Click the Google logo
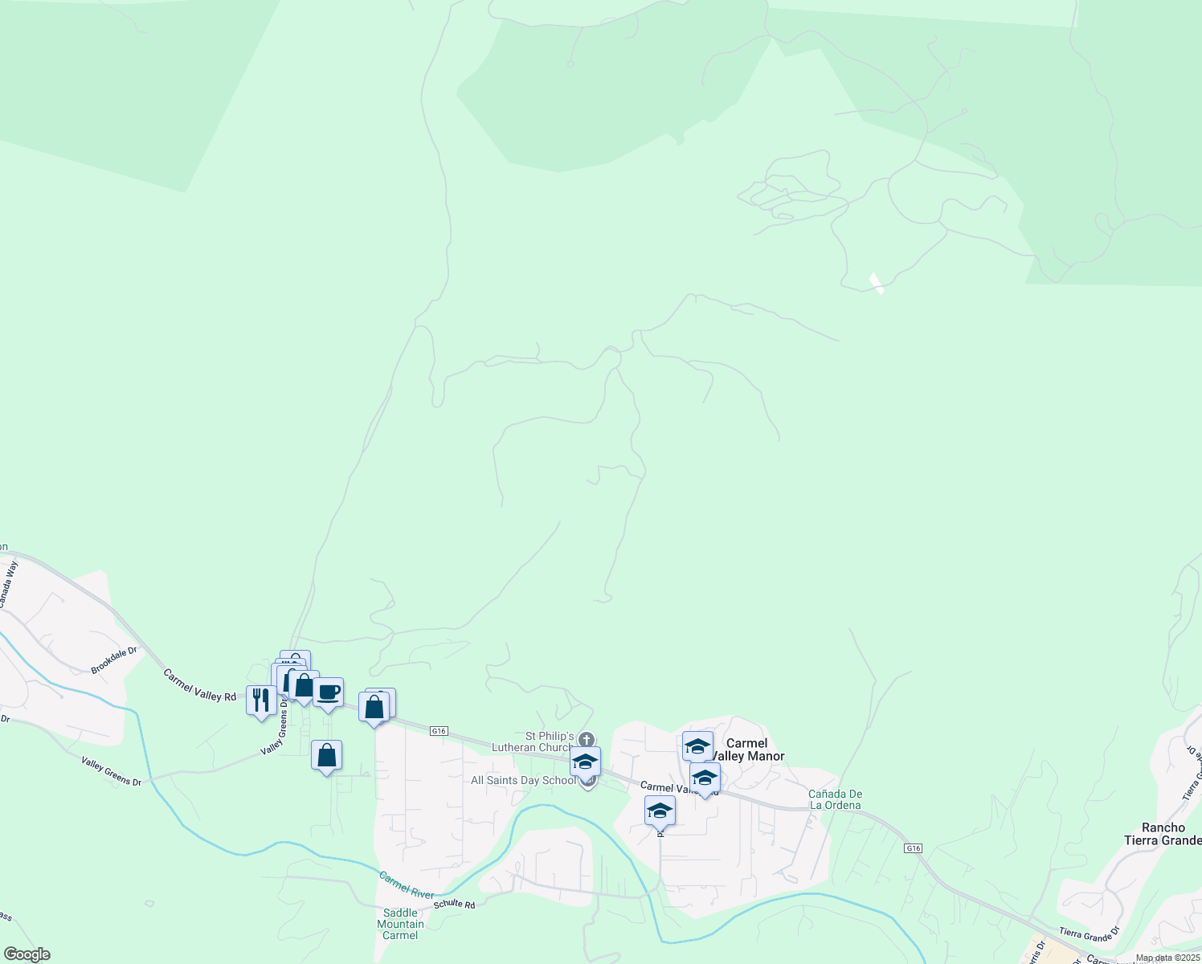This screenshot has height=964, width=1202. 27,954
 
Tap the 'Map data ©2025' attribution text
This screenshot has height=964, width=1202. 1167,958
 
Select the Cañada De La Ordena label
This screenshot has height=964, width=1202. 835,799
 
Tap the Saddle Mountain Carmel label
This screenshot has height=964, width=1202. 400,924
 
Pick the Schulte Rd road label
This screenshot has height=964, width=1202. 455,904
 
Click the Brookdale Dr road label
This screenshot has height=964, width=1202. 114,660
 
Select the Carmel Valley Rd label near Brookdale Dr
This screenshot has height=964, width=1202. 200,685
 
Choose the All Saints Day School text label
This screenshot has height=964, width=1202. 523,780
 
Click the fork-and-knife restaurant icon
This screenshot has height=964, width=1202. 261,701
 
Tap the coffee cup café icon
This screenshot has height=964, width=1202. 328,692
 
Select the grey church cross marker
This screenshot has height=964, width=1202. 587,739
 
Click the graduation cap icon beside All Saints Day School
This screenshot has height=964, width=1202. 585,762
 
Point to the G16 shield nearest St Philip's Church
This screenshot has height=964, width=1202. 438,731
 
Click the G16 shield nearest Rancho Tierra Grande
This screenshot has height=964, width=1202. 912,848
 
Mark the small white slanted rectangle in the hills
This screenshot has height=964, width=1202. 877,284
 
